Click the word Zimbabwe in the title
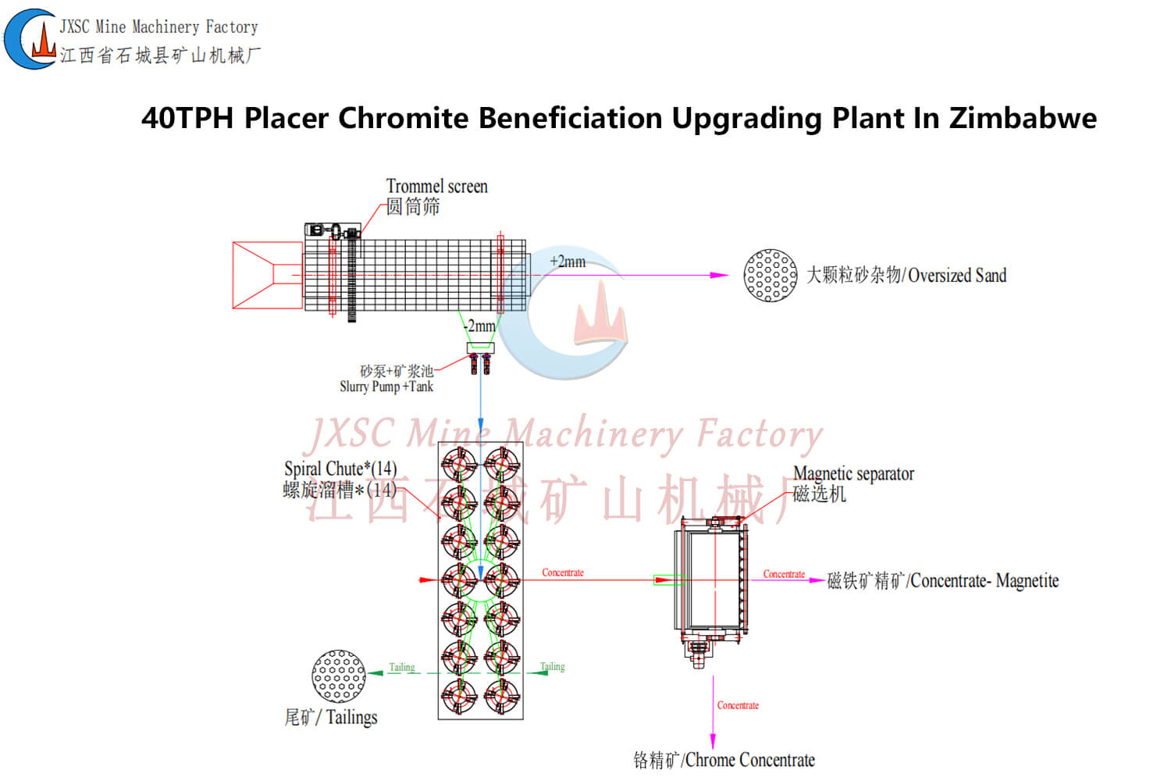(1023, 119)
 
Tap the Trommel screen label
(436, 187)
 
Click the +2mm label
(568, 262)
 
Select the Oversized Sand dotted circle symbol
(771, 275)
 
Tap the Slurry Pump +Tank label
(386, 386)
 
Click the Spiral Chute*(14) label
(340, 469)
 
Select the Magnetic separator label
(853, 474)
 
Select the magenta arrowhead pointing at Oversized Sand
(720, 275)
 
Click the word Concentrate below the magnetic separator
(738, 705)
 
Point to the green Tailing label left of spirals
(402, 667)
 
